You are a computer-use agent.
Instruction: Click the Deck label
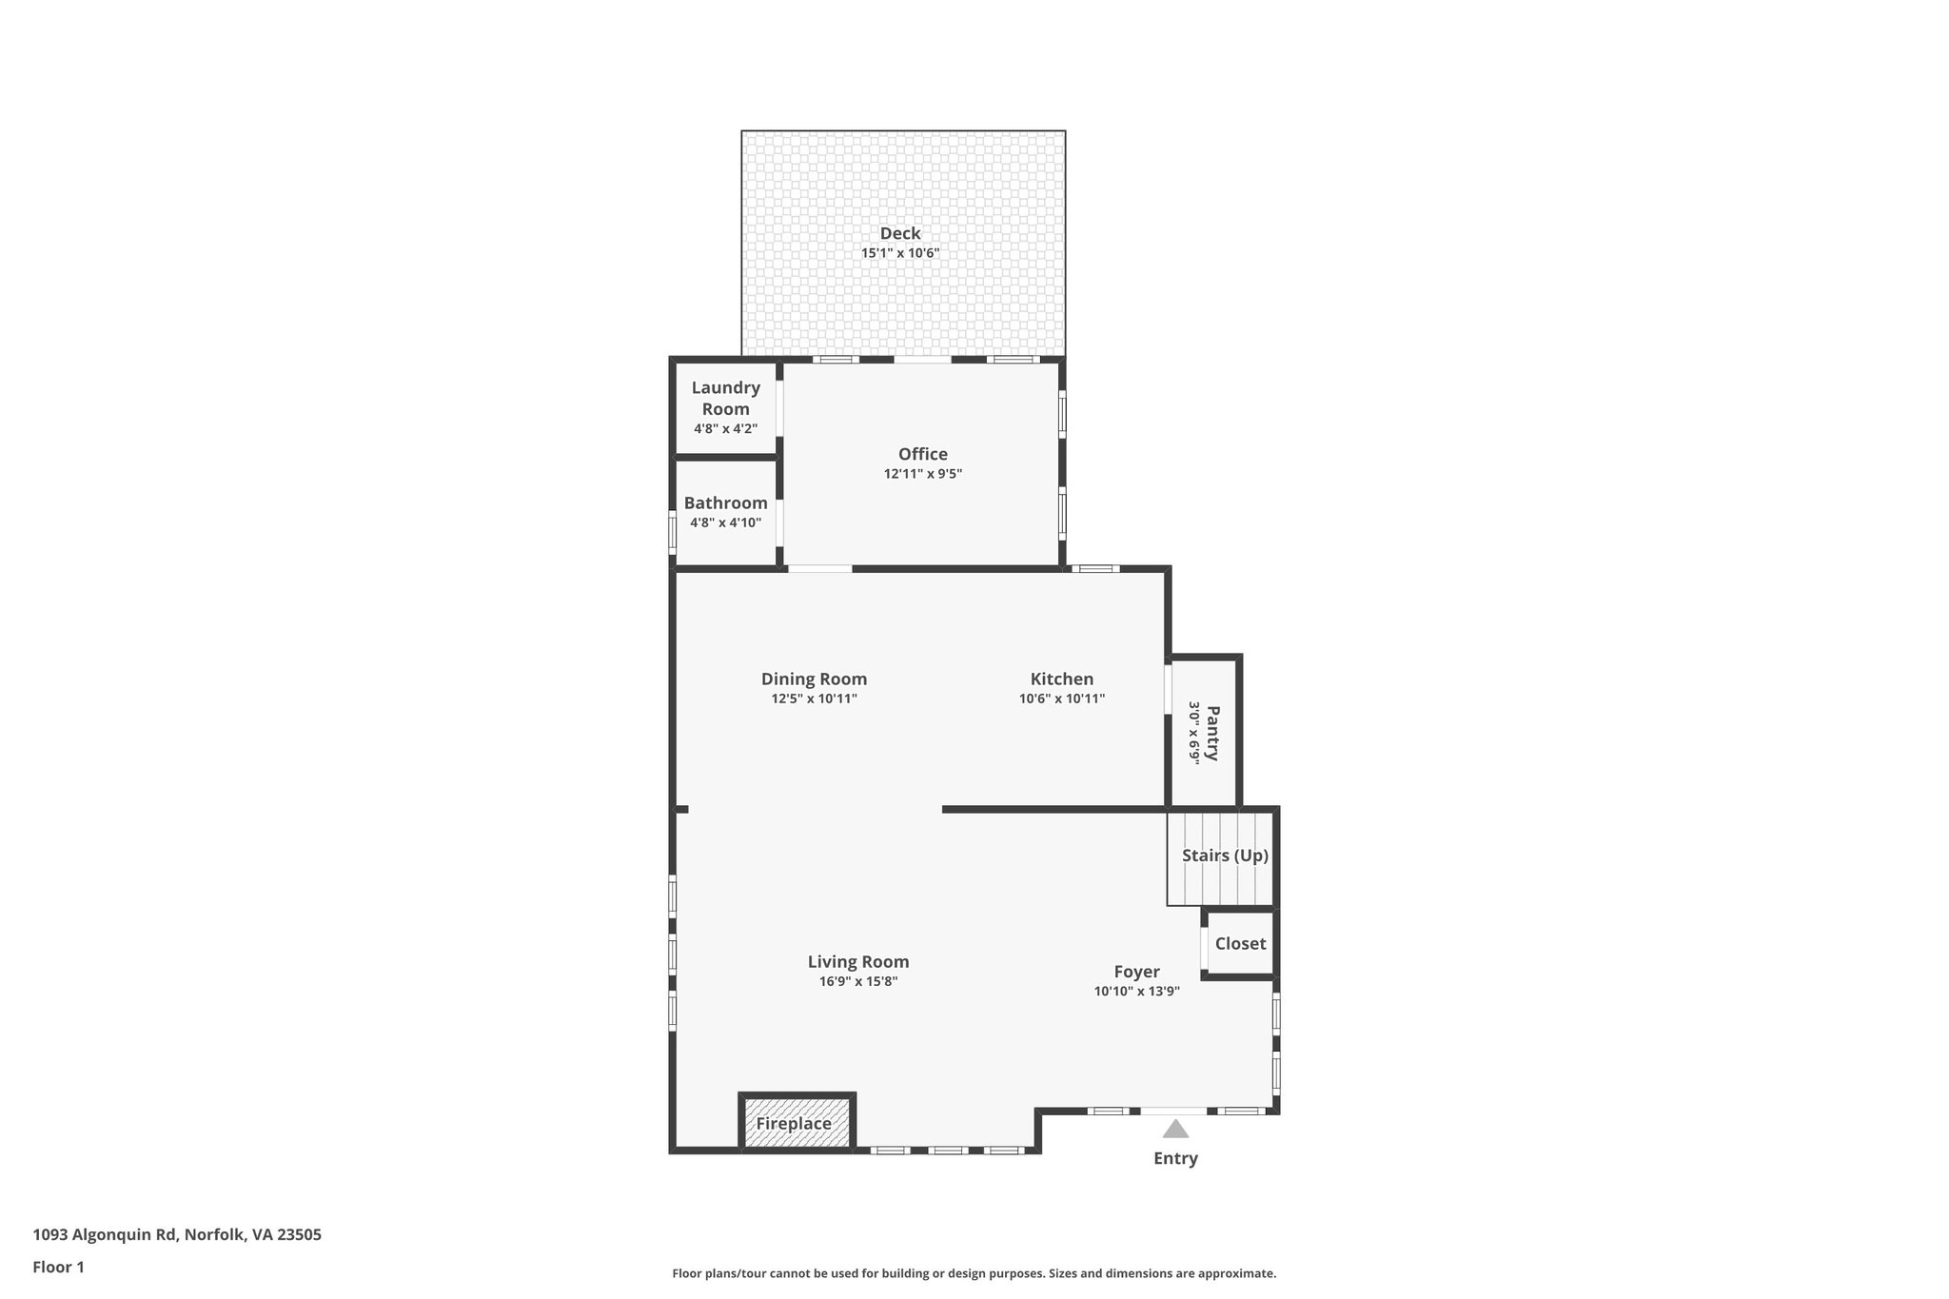[x=899, y=233]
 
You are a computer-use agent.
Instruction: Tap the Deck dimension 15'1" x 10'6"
[x=899, y=253]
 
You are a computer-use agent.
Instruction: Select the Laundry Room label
[x=725, y=398]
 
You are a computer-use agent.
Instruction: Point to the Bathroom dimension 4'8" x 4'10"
[x=725, y=522]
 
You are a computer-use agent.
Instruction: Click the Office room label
[x=922, y=454]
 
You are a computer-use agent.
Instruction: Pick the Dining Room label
[x=814, y=679]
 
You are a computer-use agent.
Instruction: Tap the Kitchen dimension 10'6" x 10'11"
[x=1061, y=699]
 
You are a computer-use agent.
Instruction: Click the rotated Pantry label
[x=1212, y=732]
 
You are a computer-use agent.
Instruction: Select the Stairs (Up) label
[x=1225, y=856]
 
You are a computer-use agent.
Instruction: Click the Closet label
[x=1240, y=943]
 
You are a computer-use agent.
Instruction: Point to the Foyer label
[x=1136, y=972]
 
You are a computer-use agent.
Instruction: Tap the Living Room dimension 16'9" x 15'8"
[x=858, y=982]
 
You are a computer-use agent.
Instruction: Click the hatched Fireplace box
[x=797, y=1123]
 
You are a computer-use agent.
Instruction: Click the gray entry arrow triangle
[x=1175, y=1130]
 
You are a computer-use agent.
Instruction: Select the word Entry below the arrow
[x=1175, y=1158]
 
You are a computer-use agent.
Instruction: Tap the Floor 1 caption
[x=58, y=1268]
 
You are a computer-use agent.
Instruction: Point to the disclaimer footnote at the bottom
[x=974, y=1273]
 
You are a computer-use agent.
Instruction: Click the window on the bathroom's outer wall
[x=672, y=533]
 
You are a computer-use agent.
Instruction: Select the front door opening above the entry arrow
[x=1173, y=1111]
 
